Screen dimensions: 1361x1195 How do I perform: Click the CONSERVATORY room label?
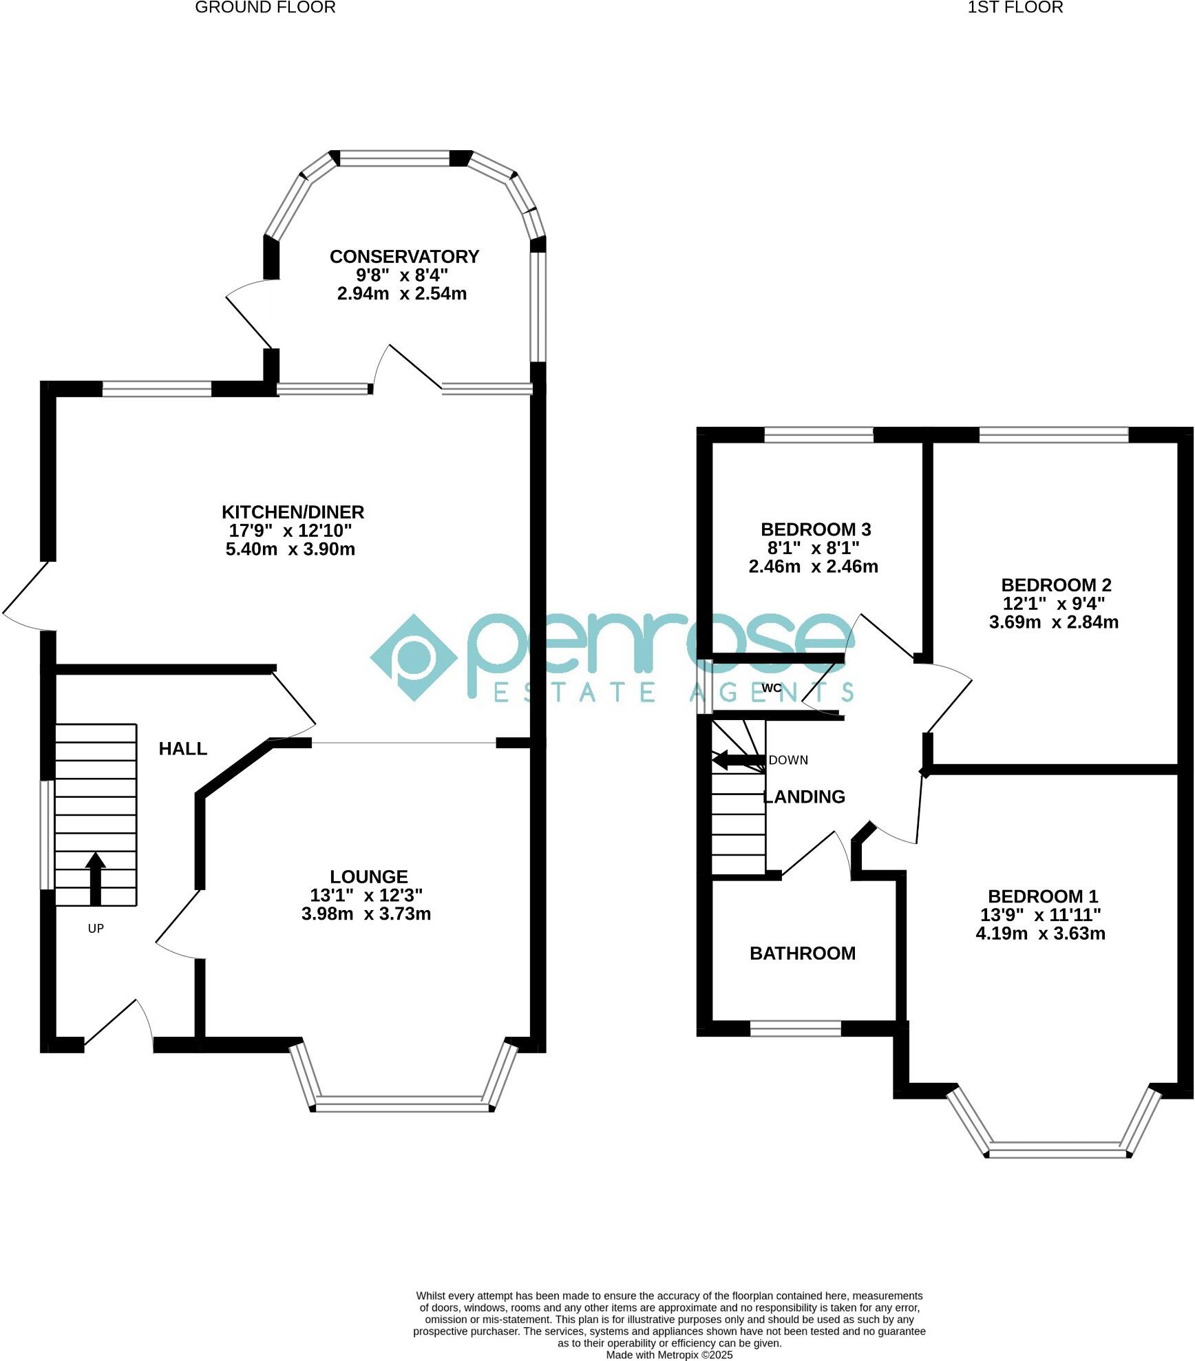click(404, 257)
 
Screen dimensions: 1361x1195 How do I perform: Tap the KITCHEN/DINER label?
click(293, 512)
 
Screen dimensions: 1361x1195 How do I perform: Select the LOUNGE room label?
click(369, 876)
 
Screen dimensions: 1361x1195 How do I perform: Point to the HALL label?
click(183, 749)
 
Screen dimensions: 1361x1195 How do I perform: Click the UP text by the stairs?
click(96, 929)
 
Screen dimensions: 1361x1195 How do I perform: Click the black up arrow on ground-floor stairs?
click(95, 878)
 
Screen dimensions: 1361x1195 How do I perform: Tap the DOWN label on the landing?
click(788, 760)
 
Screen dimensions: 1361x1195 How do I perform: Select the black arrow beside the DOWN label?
click(738, 760)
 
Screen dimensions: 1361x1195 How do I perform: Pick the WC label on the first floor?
click(772, 688)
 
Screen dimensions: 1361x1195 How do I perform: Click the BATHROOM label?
click(803, 953)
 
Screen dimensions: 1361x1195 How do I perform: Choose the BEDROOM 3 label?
click(816, 529)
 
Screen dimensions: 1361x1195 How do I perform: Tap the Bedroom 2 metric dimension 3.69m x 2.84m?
click(1053, 622)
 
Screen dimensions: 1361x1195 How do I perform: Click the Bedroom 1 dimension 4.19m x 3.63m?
click(1040, 933)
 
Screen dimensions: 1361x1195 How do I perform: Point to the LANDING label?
click(805, 796)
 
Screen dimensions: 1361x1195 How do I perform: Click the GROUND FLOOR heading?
click(266, 8)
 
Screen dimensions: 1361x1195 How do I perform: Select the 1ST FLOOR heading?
click(1015, 8)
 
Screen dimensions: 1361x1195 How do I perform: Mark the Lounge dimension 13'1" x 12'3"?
click(366, 895)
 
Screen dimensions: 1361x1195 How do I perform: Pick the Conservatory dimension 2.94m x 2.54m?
click(402, 294)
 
